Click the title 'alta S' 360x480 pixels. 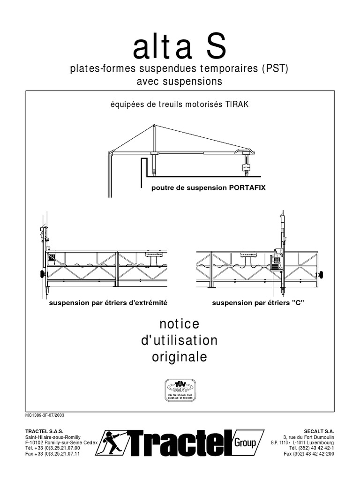180,48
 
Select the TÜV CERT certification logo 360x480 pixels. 180,389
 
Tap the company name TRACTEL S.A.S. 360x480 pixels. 44,430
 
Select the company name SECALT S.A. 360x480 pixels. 318,430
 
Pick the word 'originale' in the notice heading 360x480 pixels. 180,357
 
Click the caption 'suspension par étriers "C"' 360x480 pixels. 258,303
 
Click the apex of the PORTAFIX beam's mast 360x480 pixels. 155,125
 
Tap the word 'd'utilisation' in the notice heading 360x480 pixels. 180,340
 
